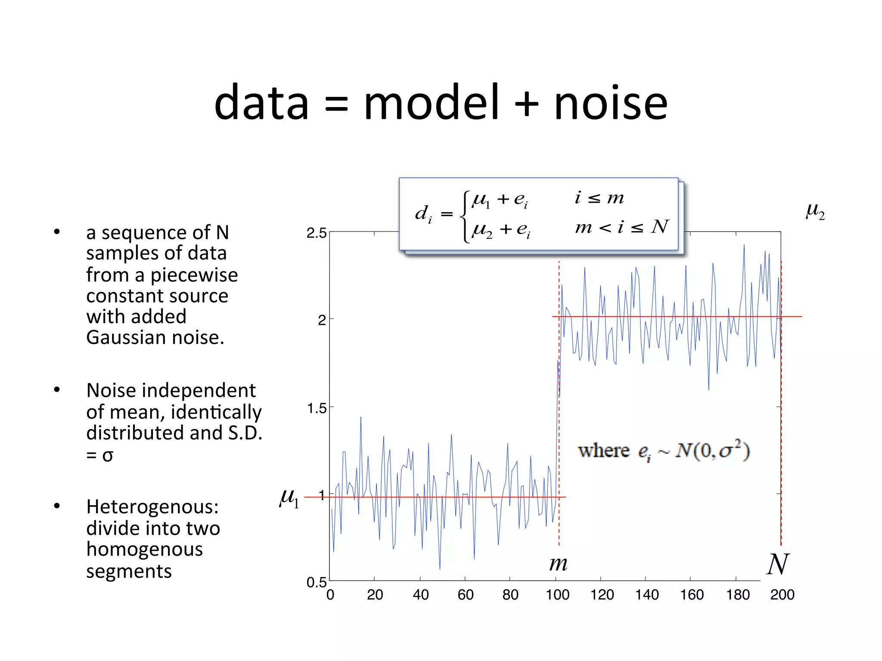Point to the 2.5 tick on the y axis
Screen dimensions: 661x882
(x=317, y=233)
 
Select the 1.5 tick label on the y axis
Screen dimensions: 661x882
(x=317, y=408)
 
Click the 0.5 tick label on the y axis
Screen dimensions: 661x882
(x=317, y=582)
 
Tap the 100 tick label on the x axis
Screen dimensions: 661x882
(x=557, y=595)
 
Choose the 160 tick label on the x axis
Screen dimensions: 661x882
(x=692, y=595)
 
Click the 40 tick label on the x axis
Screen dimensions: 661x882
(x=420, y=595)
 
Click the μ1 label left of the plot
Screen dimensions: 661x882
(x=289, y=498)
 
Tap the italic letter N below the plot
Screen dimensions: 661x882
(x=778, y=564)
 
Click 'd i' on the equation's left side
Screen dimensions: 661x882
(x=423, y=213)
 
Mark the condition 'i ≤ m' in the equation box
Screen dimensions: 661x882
(x=599, y=198)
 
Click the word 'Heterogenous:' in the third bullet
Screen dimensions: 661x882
(x=152, y=507)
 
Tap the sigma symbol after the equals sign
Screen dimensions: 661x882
(x=108, y=455)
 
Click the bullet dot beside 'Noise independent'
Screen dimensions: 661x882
(x=57, y=390)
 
